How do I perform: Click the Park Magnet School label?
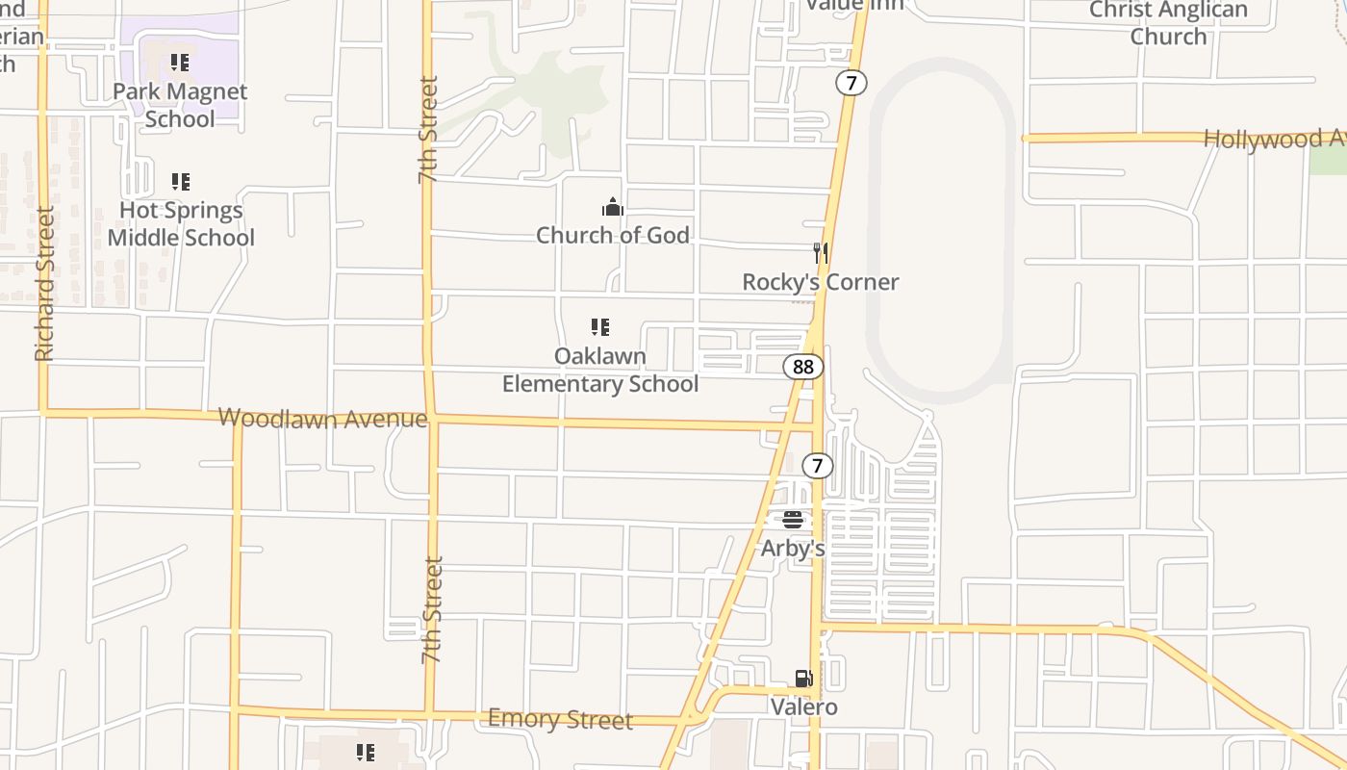pyautogui.click(x=180, y=105)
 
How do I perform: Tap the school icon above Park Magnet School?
pyautogui.click(x=180, y=64)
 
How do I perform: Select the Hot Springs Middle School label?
pyautogui.click(x=181, y=223)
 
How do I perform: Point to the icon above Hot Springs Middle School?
pyautogui.click(x=180, y=181)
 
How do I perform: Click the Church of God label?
pyautogui.click(x=613, y=235)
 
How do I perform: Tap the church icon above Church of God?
pyautogui.click(x=613, y=207)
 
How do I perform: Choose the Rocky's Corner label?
pyautogui.click(x=821, y=282)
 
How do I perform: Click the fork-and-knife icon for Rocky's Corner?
pyautogui.click(x=821, y=253)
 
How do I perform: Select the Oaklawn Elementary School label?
pyautogui.click(x=600, y=370)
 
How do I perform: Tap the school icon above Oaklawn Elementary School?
pyautogui.click(x=600, y=327)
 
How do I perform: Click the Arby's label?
pyautogui.click(x=793, y=549)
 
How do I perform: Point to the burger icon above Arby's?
pyautogui.click(x=793, y=520)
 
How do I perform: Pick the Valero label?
pyautogui.click(x=804, y=707)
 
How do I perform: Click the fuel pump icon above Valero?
pyautogui.click(x=804, y=679)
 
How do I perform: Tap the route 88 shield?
pyautogui.click(x=803, y=367)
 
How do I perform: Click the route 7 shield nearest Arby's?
pyautogui.click(x=817, y=467)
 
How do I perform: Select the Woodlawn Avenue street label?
pyautogui.click(x=322, y=418)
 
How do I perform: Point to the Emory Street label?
pyautogui.click(x=560, y=719)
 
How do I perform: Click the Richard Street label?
pyautogui.click(x=44, y=284)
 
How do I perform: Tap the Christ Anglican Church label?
pyautogui.click(x=1168, y=23)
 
